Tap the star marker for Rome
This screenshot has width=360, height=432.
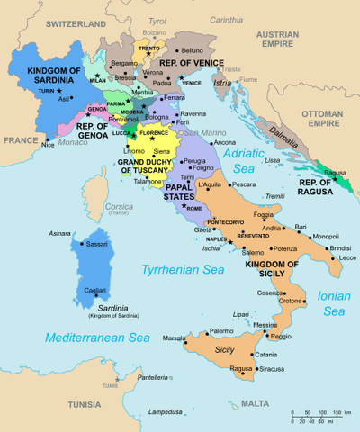(183, 208)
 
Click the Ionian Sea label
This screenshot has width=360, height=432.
(334, 302)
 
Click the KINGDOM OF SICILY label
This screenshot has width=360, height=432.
(265, 271)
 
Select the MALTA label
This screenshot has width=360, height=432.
(255, 403)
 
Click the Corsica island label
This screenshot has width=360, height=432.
(119, 208)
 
